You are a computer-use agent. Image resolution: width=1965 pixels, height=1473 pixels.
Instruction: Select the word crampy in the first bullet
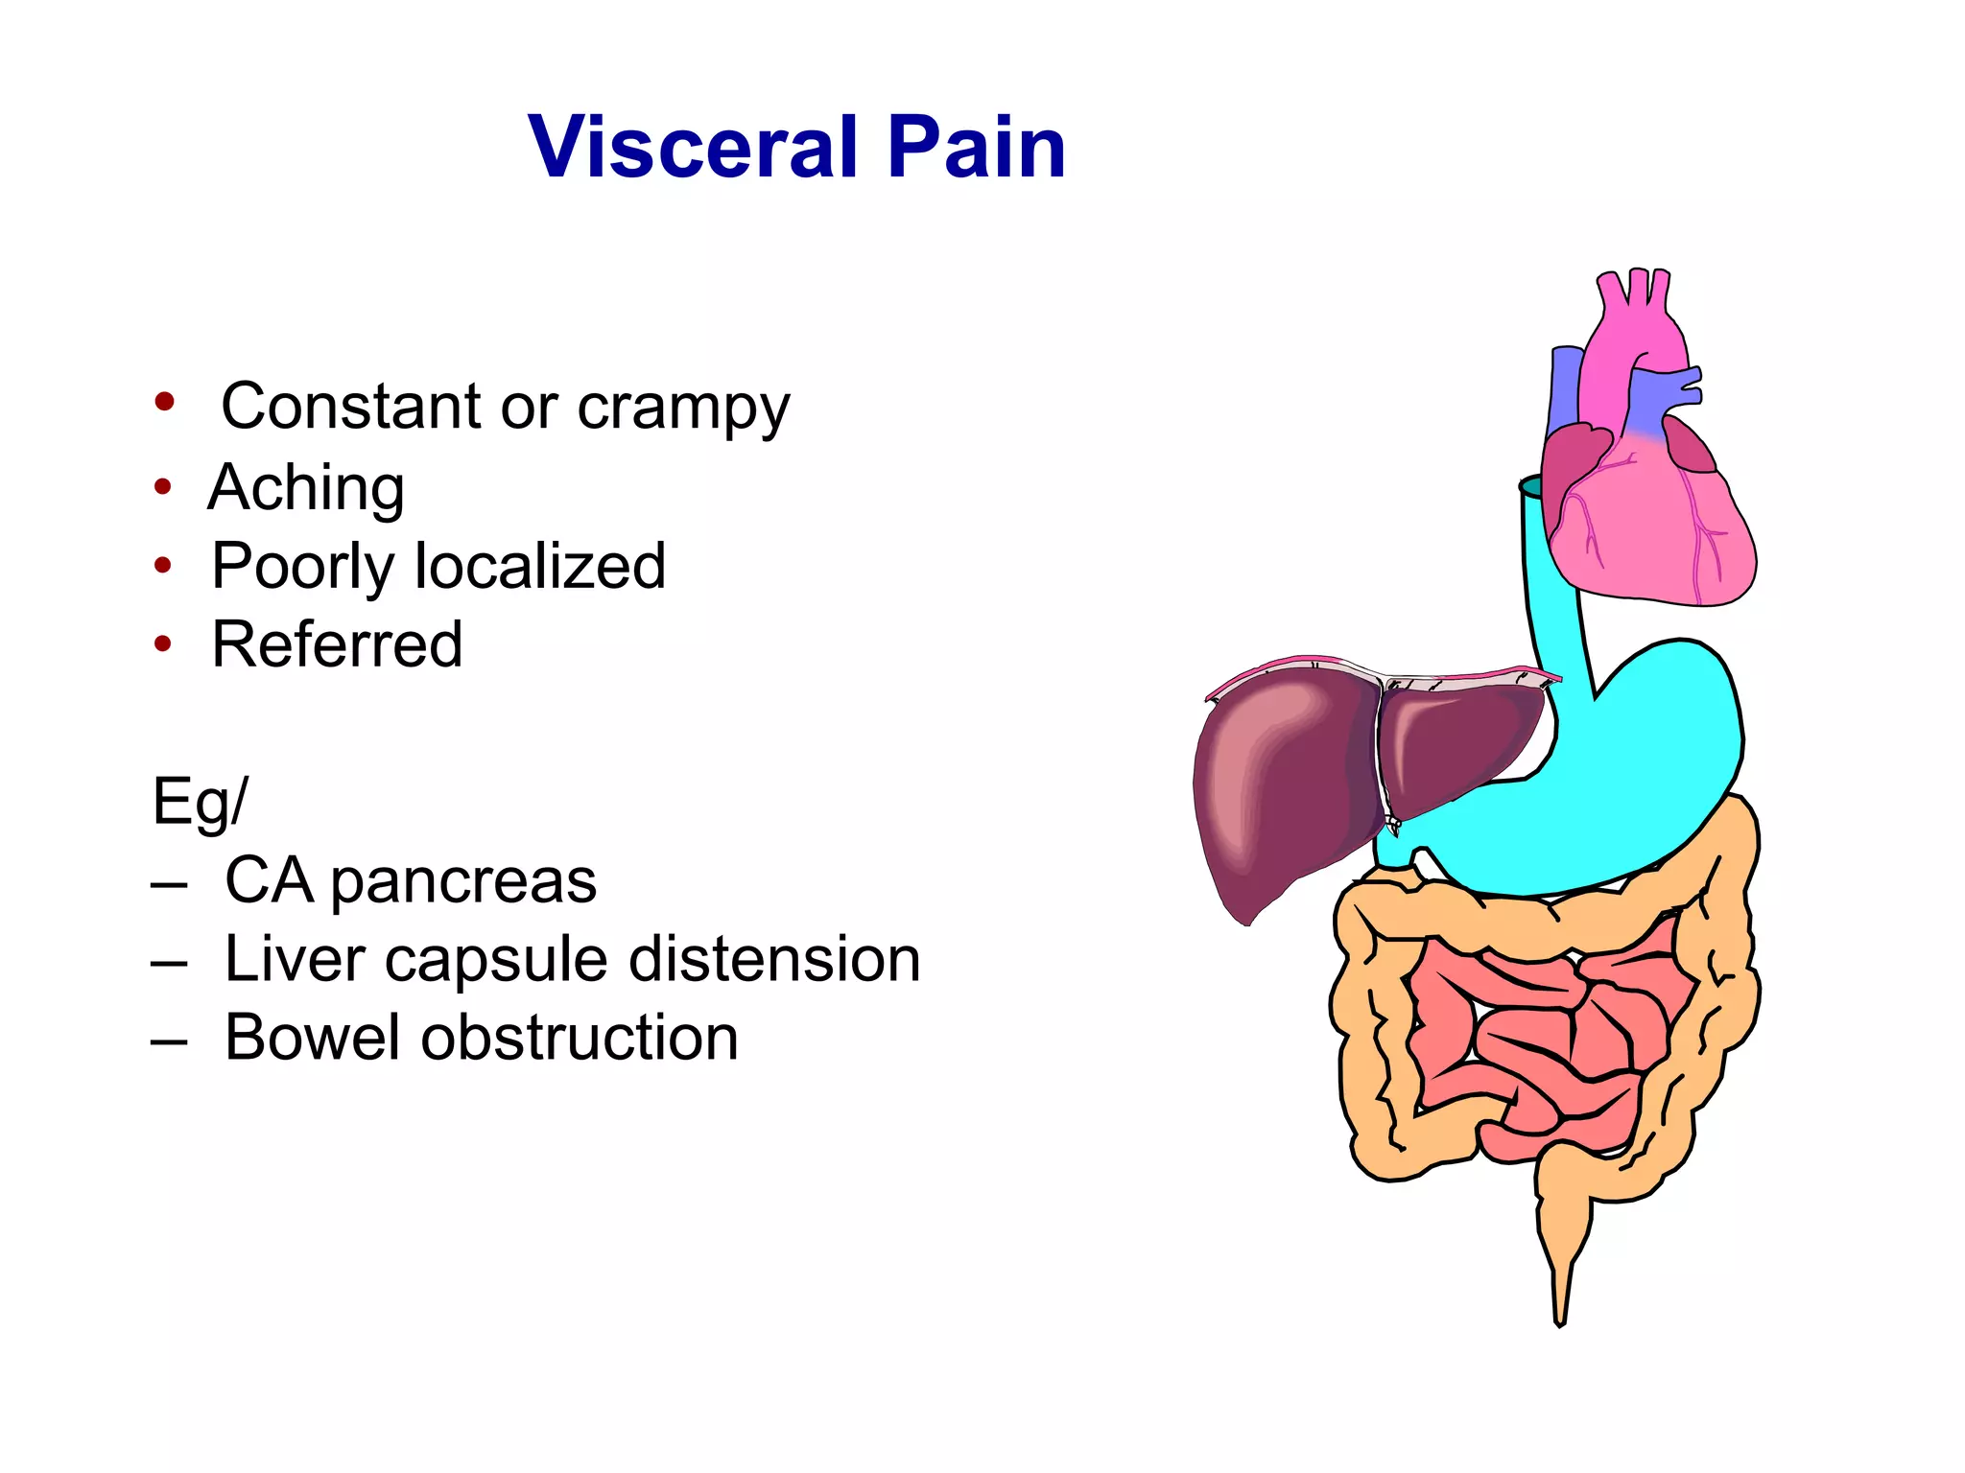point(682,408)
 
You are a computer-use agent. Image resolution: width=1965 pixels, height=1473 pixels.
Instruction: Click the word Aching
point(306,488)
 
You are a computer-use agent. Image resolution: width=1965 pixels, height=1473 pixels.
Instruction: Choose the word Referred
point(337,644)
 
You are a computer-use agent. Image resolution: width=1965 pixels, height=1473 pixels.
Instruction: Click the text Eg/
point(199,802)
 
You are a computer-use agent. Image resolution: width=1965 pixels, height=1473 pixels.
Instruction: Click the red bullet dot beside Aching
point(163,487)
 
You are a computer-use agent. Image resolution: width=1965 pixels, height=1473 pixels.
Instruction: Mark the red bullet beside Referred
point(163,644)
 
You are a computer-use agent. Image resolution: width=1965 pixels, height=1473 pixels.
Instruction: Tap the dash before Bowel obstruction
point(169,1040)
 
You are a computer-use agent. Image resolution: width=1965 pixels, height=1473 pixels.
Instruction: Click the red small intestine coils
point(1545,1036)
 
